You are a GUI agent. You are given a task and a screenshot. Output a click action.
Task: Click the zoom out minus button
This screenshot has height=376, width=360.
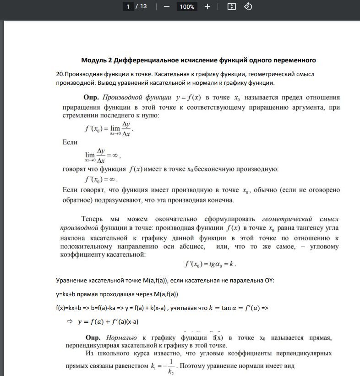tap(167, 6)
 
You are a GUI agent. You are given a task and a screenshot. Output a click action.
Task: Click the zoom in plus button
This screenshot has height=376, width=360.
tap(207, 6)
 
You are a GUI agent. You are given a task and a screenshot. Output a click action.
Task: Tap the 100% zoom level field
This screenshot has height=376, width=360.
tap(187, 6)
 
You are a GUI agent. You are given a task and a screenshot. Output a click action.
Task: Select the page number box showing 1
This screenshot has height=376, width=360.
tap(128, 6)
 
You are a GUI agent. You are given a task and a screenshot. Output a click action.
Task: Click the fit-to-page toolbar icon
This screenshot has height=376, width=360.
tap(232, 6)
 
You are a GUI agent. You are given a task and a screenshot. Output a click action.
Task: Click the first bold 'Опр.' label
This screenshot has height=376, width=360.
tap(91, 97)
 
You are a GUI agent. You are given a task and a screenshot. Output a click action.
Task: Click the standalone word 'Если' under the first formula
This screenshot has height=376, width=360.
tap(70, 143)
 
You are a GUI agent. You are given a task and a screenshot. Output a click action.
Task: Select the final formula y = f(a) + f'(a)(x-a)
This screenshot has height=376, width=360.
tap(109, 321)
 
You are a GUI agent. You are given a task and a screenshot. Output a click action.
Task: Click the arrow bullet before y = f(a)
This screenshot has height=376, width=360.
tap(70, 321)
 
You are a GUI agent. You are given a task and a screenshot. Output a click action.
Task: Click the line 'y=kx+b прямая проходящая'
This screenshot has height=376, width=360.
tap(117, 293)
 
